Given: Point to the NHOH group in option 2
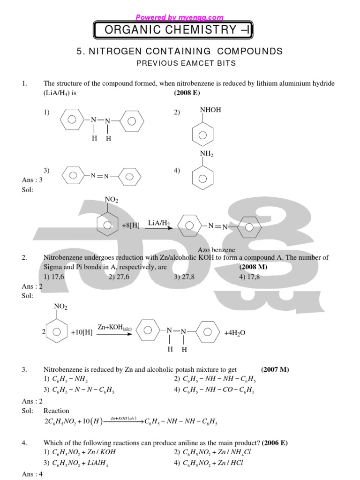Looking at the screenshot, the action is tap(210, 110).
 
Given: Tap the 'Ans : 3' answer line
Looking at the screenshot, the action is tap(32, 180).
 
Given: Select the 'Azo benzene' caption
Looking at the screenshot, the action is tap(216, 250).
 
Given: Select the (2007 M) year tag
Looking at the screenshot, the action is tap(275, 369).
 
